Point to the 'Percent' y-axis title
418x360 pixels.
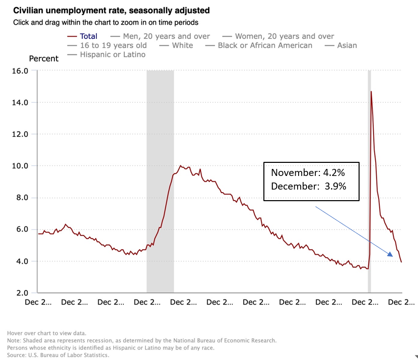[44, 58]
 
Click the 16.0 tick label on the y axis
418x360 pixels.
[20, 71]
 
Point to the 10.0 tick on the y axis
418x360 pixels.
[20, 166]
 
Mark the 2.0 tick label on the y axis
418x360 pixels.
[22, 293]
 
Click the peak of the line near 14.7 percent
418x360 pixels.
[371, 92]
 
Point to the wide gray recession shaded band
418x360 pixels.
[160, 182]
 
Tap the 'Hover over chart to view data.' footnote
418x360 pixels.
[46, 333]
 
